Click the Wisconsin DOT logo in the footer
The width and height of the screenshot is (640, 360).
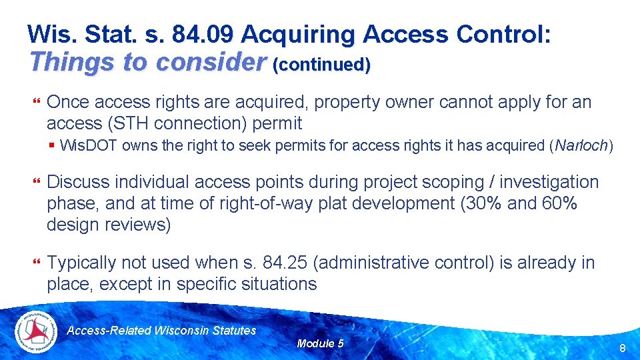pyautogui.click(x=37, y=331)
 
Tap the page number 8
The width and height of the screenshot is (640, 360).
pyautogui.click(x=622, y=348)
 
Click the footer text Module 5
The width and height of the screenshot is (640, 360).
pyautogui.click(x=320, y=343)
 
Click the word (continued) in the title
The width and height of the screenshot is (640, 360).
pyautogui.click(x=321, y=65)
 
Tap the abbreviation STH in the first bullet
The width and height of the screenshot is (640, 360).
pyautogui.click(x=116, y=123)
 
